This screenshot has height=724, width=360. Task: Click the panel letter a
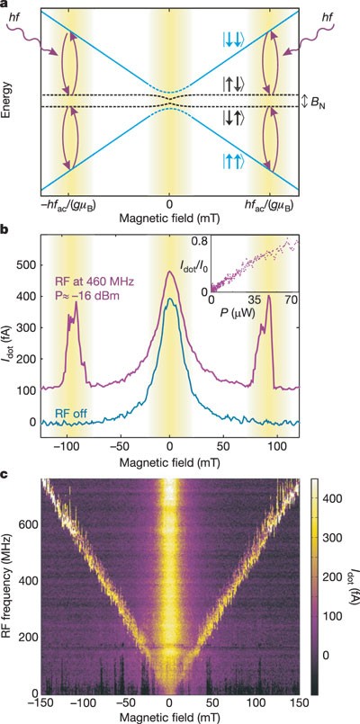click(x=5, y=5)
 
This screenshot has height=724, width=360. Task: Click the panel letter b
click(x=5, y=230)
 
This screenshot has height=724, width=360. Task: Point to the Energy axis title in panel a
click(x=10, y=102)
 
